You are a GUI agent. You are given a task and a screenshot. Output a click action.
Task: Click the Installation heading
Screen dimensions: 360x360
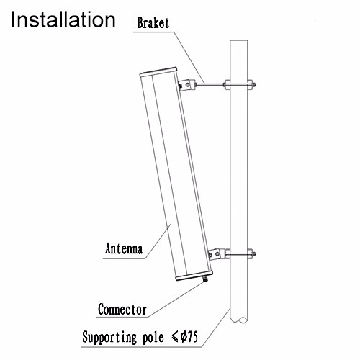63,19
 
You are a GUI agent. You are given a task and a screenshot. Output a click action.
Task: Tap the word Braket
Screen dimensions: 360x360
153,23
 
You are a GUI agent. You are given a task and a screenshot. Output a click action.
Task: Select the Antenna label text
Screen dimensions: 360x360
124,248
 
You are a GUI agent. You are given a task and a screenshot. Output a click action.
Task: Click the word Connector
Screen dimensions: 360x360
122,310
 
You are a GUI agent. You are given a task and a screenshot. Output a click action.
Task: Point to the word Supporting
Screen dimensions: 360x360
109,338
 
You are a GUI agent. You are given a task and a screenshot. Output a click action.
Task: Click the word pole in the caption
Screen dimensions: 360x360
153,338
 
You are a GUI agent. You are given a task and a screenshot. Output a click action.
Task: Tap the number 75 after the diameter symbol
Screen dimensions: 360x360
192,337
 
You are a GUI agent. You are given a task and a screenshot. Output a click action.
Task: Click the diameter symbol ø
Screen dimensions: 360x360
183,336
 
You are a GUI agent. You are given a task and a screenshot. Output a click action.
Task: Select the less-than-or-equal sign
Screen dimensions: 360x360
175,337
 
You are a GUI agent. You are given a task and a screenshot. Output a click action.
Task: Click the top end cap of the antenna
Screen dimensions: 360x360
158,72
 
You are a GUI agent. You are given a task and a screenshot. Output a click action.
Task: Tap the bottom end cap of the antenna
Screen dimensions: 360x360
194,276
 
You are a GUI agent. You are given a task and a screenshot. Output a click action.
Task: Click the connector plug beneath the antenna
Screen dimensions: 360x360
205,279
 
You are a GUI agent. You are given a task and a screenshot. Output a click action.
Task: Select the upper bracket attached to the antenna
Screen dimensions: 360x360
187,85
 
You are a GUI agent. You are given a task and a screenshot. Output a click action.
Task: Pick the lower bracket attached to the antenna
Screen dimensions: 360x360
217,254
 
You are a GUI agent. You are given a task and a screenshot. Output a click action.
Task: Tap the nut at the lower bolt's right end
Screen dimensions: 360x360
253,253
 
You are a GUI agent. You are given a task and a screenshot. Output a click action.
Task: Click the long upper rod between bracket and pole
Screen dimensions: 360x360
210,84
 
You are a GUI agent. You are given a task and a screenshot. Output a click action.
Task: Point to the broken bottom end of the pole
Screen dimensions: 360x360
239,319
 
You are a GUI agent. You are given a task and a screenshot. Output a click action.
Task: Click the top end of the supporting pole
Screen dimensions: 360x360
239,40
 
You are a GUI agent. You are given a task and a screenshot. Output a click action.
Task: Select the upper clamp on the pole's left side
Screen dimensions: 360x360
228,84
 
